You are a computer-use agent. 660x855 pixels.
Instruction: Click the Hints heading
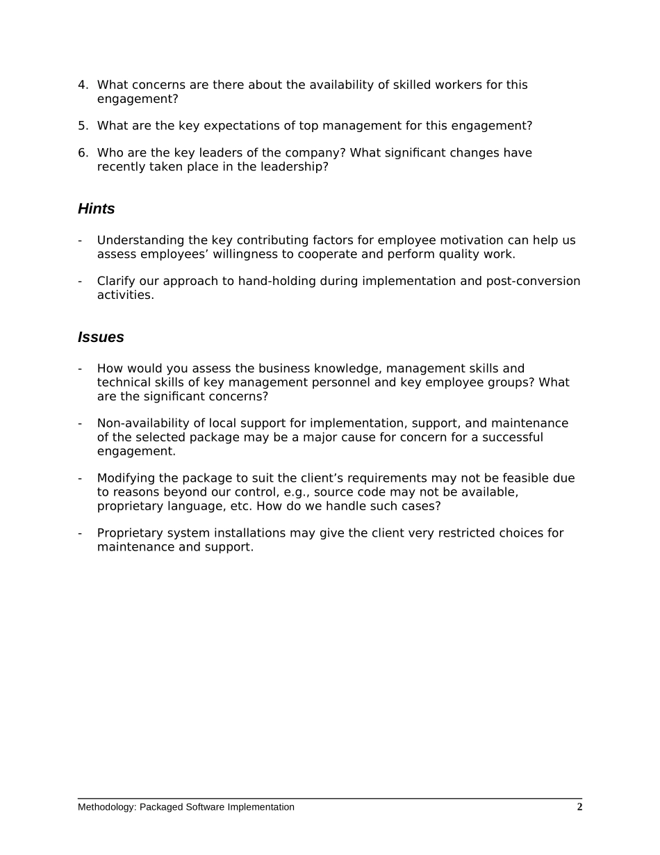(x=96, y=209)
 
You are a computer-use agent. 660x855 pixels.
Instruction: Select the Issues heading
(x=101, y=337)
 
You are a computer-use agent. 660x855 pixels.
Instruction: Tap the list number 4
(x=82, y=85)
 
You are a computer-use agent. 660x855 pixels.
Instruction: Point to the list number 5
(x=82, y=126)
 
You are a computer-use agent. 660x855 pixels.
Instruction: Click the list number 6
(x=82, y=153)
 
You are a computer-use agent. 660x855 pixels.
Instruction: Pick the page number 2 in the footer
(x=579, y=807)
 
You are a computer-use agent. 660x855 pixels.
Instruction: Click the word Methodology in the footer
(x=106, y=807)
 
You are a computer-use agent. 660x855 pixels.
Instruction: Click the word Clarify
(x=115, y=282)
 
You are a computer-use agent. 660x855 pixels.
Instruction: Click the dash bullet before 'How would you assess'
(x=80, y=368)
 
